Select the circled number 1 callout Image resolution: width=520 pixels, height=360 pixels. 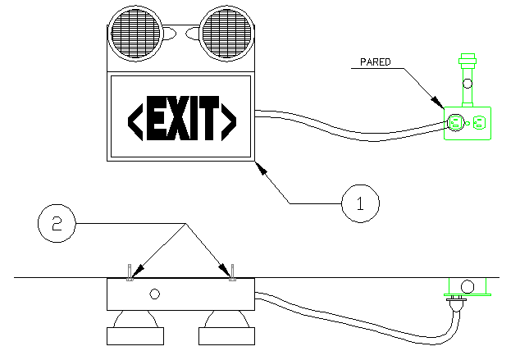pos(358,201)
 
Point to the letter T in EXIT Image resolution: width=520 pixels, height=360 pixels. pos(209,117)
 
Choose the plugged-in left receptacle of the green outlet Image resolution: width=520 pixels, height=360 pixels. pos(454,124)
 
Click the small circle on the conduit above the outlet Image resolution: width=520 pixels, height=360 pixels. pos(468,82)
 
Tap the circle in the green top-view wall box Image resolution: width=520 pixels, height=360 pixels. pos(468,286)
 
